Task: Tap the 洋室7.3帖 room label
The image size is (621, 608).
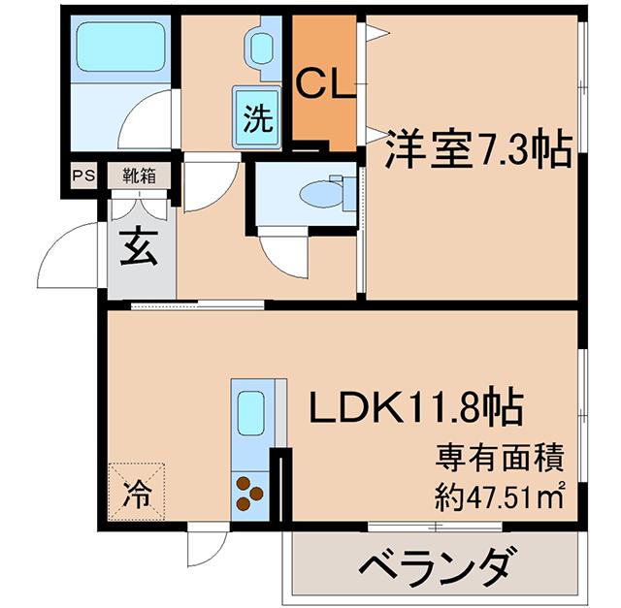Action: [x=479, y=149]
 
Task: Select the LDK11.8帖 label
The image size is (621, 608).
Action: [x=416, y=406]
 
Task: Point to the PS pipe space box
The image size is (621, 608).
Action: [x=83, y=175]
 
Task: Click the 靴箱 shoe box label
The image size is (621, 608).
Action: [x=139, y=175]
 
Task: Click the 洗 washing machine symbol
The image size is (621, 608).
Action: [x=257, y=117]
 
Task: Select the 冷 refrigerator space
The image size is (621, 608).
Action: [x=136, y=492]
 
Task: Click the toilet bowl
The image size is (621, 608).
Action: [x=320, y=194]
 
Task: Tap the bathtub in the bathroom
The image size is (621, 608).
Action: [x=120, y=47]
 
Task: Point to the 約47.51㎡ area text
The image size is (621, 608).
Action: [x=499, y=496]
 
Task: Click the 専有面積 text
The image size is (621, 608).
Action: [x=499, y=459]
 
